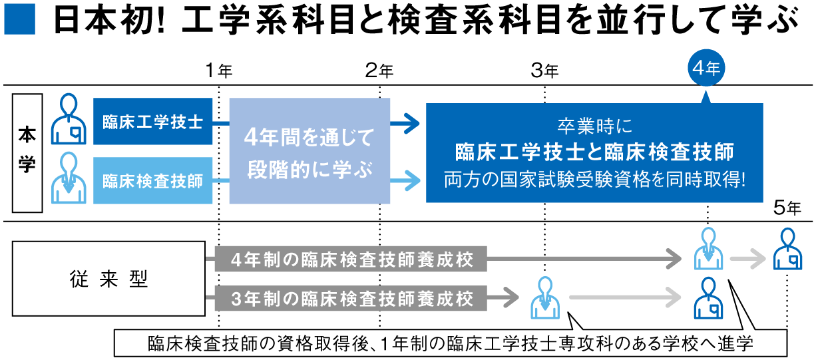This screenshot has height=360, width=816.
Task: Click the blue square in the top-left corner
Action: tap(19, 18)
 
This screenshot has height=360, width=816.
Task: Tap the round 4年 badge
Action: tap(706, 69)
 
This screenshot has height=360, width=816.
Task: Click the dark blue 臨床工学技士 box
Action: tap(153, 122)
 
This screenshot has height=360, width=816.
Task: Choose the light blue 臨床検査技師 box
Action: tap(153, 180)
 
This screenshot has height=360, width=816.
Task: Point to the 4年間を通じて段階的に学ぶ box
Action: tap(309, 152)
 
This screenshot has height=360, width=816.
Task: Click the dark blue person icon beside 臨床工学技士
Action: tap(69, 119)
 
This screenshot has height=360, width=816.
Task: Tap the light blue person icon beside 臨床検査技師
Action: tap(69, 178)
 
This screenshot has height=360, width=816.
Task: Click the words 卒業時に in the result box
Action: tap(594, 124)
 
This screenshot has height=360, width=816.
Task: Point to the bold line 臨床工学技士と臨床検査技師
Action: tap(594, 152)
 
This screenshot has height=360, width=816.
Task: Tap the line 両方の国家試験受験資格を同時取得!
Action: tap(594, 180)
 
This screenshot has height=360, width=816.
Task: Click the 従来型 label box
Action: tap(108, 279)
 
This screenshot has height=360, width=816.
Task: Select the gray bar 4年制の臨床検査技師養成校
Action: tap(351, 258)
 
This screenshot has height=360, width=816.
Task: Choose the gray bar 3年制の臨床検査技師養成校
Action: tap(351, 298)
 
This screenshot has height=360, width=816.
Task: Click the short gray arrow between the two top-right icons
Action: tap(749, 258)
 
